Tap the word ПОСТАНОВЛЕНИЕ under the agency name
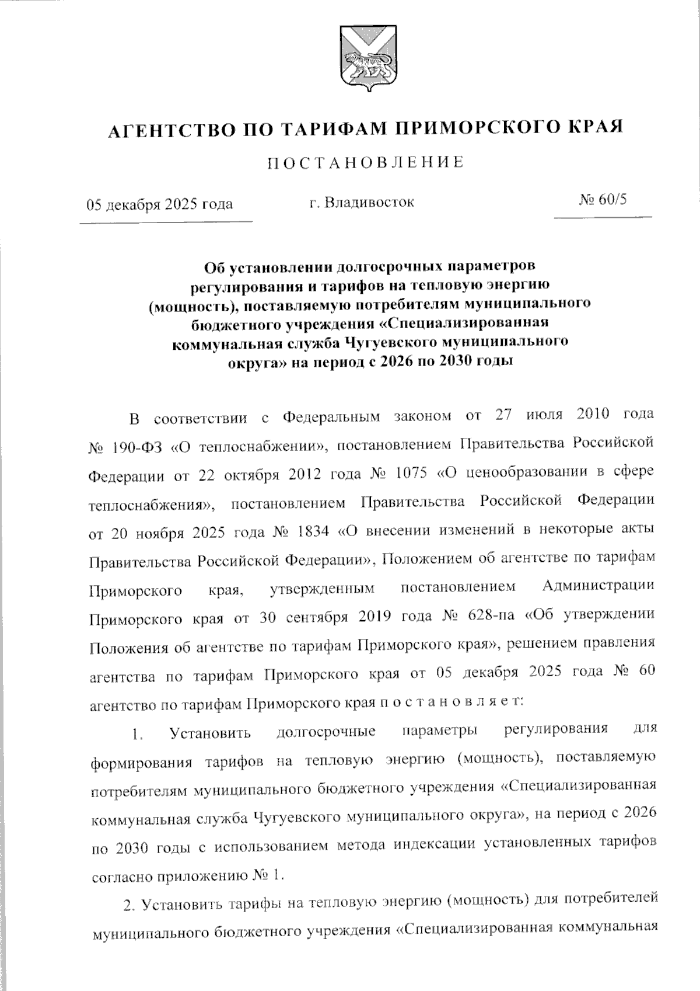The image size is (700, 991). pos(366,162)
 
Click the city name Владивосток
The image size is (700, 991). pos(370,203)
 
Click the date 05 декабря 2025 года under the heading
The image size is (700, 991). pos(160,204)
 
